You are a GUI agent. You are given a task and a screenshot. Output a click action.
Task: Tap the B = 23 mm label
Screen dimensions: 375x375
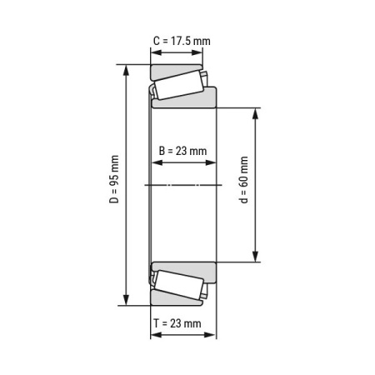click(182, 151)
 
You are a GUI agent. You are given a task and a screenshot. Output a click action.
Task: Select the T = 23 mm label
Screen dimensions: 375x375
click(178, 322)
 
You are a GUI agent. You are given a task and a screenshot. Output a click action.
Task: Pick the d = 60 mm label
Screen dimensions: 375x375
click(243, 184)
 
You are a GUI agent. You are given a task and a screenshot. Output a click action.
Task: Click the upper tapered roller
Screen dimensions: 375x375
click(179, 85)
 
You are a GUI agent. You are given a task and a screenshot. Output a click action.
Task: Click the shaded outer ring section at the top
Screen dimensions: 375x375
click(175, 69)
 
